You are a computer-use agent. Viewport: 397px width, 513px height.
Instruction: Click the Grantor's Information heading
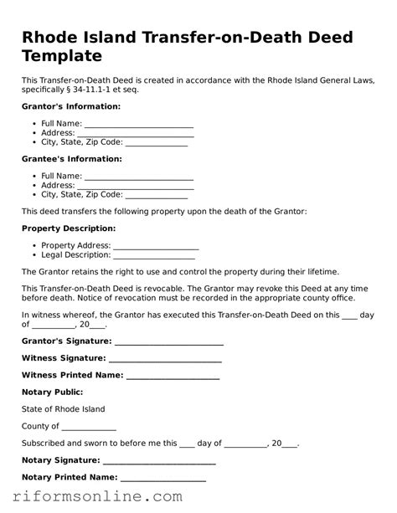pyautogui.click(x=71, y=107)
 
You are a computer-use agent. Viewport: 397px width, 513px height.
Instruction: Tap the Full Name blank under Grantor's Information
pyautogui.click(x=139, y=123)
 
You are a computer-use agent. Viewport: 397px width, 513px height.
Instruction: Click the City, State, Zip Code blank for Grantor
pyautogui.click(x=157, y=142)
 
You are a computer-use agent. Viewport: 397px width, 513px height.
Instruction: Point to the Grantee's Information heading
pyautogui.click(x=71, y=159)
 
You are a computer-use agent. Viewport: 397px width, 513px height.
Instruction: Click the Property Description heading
pyautogui.click(x=69, y=228)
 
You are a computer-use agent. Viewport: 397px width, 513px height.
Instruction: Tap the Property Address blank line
pyautogui.click(x=156, y=245)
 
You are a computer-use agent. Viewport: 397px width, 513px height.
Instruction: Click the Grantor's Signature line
pyautogui.click(x=168, y=341)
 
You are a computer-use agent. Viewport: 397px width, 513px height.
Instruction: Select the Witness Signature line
pyautogui.click(x=166, y=358)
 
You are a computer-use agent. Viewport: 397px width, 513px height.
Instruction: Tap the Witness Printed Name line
pyautogui.click(x=172, y=375)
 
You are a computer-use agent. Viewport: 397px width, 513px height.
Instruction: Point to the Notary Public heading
pyautogui.click(x=52, y=392)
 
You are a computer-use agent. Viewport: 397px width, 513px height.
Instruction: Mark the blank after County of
pyautogui.click(x=90, y=427)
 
